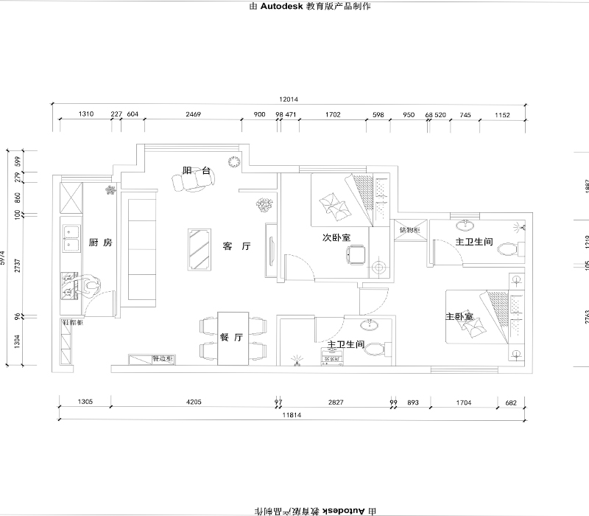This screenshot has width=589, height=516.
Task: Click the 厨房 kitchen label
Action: [x=100, y=243]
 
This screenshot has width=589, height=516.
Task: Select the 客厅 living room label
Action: [x=236, y=247]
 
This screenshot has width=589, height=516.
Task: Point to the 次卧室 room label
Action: [x=336, y=237]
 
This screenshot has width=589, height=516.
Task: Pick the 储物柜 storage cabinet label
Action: [x=409, y=230]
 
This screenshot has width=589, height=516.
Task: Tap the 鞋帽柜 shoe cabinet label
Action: [x=71, y=323]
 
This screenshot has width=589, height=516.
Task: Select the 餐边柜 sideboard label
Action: [x=161, y=359]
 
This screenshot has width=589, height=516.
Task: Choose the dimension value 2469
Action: [x=193, y=115]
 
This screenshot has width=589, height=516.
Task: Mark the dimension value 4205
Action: [x=194, y=402]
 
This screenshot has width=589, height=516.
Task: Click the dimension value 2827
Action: [x=335, y=402]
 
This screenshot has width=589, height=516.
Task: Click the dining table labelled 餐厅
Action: [x=232, y=338]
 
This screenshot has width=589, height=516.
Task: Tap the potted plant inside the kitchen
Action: [x=111, y=191]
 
